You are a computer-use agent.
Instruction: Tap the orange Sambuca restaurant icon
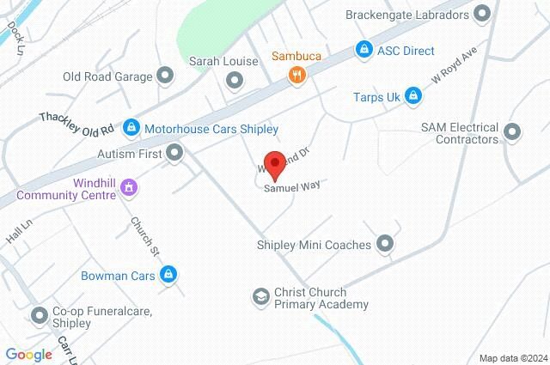[x=296, y=75]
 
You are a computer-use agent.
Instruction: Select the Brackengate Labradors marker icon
[x=481, y=14]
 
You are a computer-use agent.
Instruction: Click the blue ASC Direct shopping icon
[x=364, y=51]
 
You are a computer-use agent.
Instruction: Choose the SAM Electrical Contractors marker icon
[x=513, y=132]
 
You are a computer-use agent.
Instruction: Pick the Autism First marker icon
[x=175, y=154]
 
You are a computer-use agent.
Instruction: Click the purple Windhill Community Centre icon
[x=128, y=186]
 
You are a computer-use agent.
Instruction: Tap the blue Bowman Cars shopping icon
[x=168, y=275]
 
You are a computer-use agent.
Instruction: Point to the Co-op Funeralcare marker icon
[x=40, y=316]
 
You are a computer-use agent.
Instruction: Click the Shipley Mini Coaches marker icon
[x=385, y=245]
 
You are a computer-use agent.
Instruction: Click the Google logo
[x=28, y=355]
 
